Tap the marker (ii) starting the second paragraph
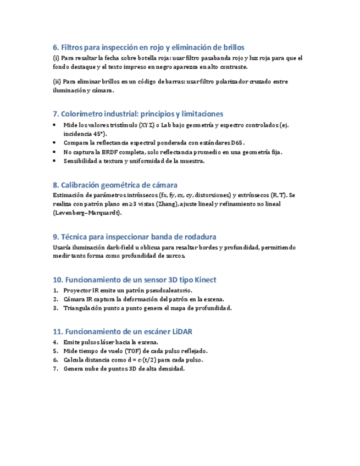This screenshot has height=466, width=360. coord(56,81)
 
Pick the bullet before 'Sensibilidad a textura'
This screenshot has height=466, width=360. coord(54,161)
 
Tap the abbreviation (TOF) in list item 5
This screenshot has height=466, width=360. coord(133,351)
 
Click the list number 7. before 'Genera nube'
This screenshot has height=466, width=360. coord(56,369)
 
